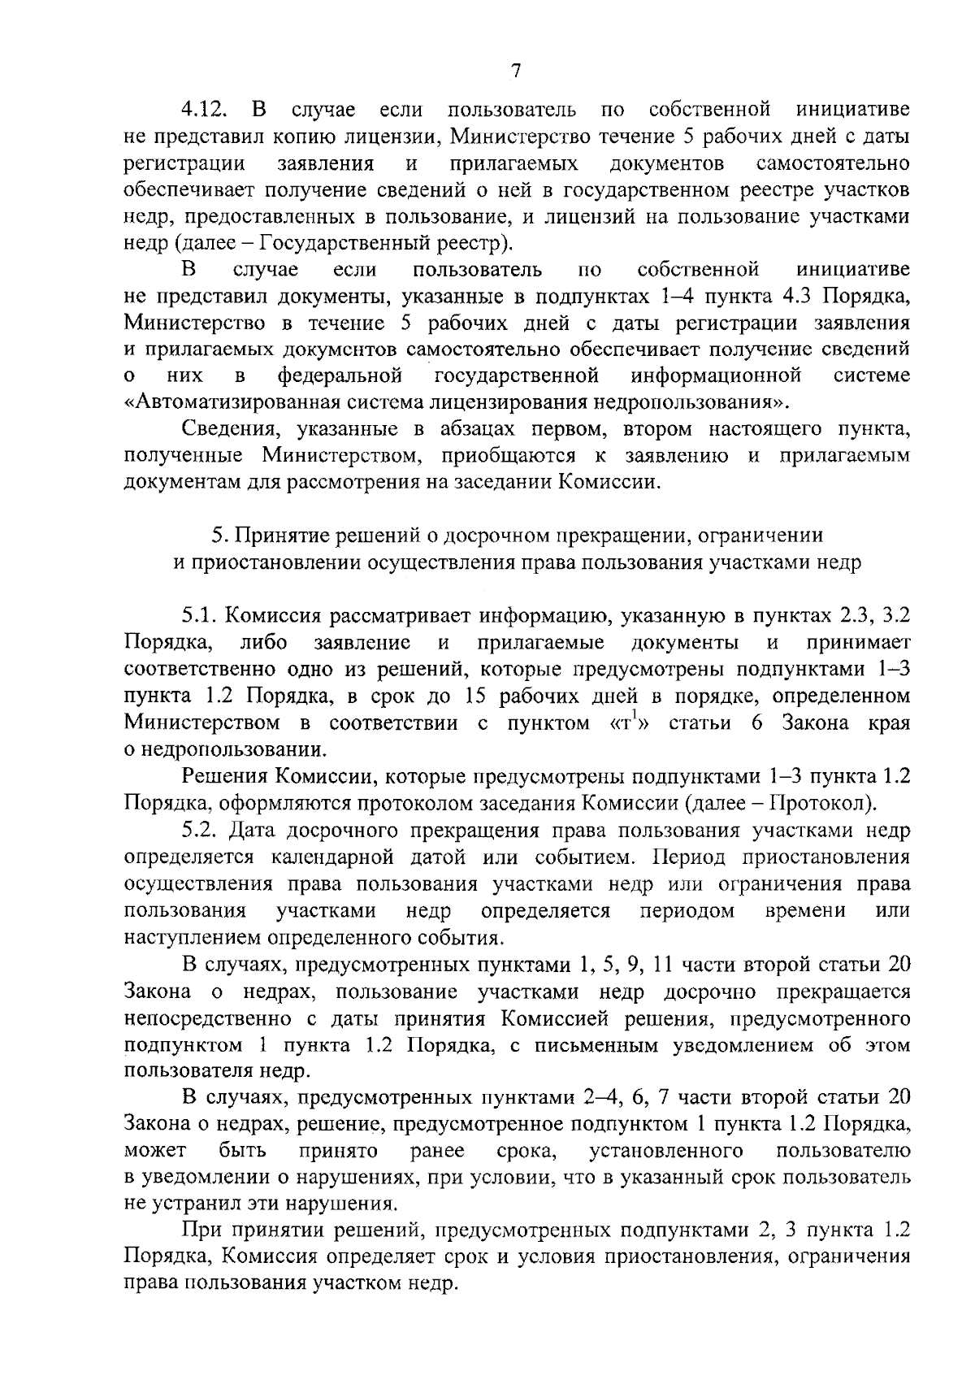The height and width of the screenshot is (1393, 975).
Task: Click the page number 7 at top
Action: point(513,72)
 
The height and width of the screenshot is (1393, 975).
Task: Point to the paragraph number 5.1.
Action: point(200,615)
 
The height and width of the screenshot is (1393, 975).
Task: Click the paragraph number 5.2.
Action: point(201,831)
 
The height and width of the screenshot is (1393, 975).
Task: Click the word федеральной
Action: point(340,375)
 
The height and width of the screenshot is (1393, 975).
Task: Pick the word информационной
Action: point(717,375)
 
